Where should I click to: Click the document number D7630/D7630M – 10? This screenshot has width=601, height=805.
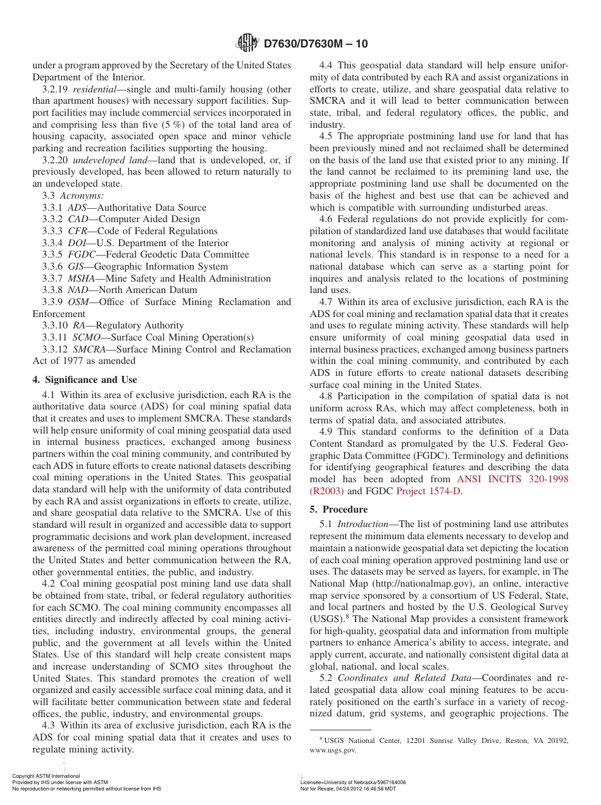coord(315,44)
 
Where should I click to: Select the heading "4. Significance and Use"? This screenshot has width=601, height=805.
coord(84,380)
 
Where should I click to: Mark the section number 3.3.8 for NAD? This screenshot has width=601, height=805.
coord(53,290)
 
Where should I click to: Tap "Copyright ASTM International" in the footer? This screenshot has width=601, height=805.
coord(46,776)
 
